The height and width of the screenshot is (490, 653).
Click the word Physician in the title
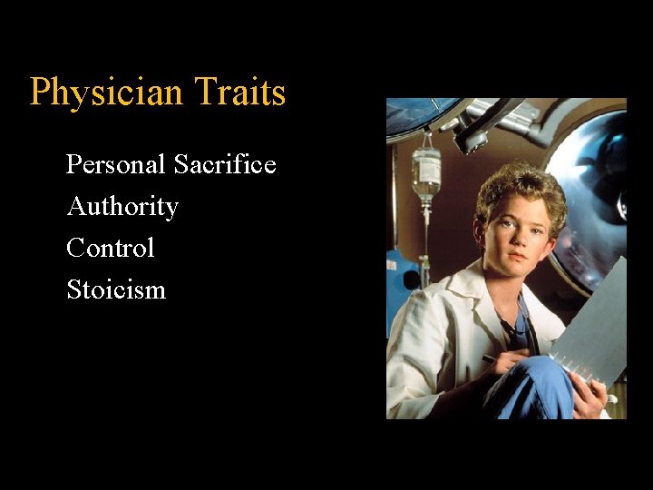[x=93, y=93]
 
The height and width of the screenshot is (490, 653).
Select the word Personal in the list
[x=116, y=164]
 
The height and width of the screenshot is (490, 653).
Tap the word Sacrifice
[x=225, y=164]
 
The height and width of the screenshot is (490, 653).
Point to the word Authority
[x=122, y=207]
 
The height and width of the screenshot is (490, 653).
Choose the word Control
[x=111, y=248]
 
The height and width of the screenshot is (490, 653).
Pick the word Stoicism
[x=116, y=289]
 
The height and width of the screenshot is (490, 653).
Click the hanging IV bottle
[x=425, y=172]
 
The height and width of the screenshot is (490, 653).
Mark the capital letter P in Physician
[x=39, y=93]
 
